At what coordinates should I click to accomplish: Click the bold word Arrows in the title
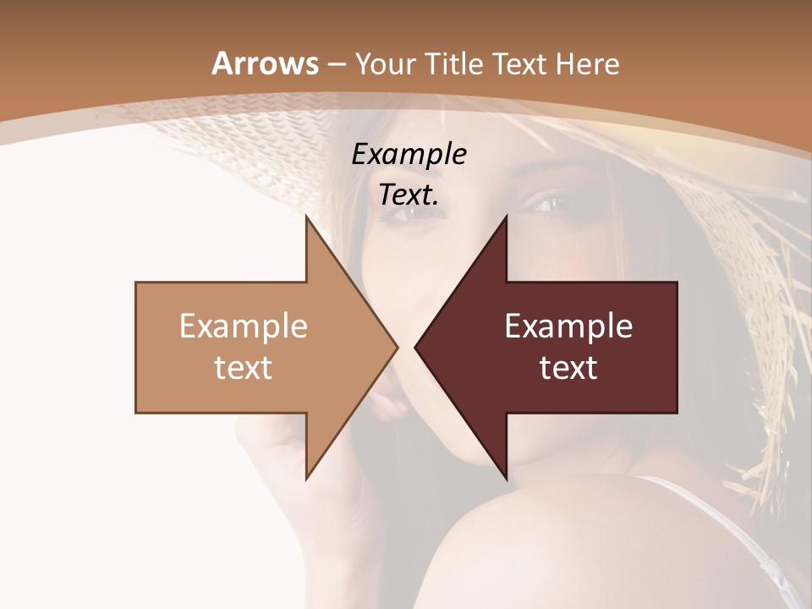(266, 63)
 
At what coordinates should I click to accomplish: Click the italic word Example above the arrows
(409, 155)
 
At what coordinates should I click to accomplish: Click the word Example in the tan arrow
(244, 326)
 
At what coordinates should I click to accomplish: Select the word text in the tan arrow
(244, 368)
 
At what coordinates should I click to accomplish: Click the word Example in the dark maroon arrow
(568, 326)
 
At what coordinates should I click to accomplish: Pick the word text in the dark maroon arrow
(568, 368)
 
